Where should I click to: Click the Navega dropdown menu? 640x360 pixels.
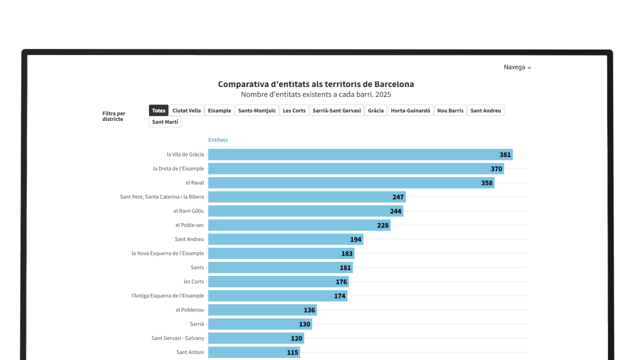coord(517,67)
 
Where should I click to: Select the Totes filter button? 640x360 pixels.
coord(158,110)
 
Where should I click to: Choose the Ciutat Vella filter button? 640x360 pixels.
coord(186,110)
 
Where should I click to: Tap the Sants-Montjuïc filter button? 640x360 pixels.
coord(257,110)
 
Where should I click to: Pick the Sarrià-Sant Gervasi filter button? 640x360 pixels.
coord(336,110)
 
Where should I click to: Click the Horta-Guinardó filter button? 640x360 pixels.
coord(410,110)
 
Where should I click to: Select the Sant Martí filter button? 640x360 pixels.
coord(165,122)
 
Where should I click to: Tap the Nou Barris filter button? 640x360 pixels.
coord(450,110)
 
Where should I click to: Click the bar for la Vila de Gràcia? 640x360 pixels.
coord(350,154)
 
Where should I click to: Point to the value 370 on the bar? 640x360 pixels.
coord(496,169)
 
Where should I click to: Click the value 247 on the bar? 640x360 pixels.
coord(397,197)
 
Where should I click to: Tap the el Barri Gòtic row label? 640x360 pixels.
coord(188,211)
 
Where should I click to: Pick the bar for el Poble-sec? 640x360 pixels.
coord(295,225)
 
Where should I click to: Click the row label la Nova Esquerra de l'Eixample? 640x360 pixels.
coord(167,253)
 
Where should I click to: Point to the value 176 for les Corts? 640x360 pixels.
coord(341,282)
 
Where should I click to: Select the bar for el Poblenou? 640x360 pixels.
coord(260,310)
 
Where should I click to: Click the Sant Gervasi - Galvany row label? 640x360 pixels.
coord(177,338)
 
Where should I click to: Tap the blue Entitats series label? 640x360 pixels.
coord(218,140)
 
